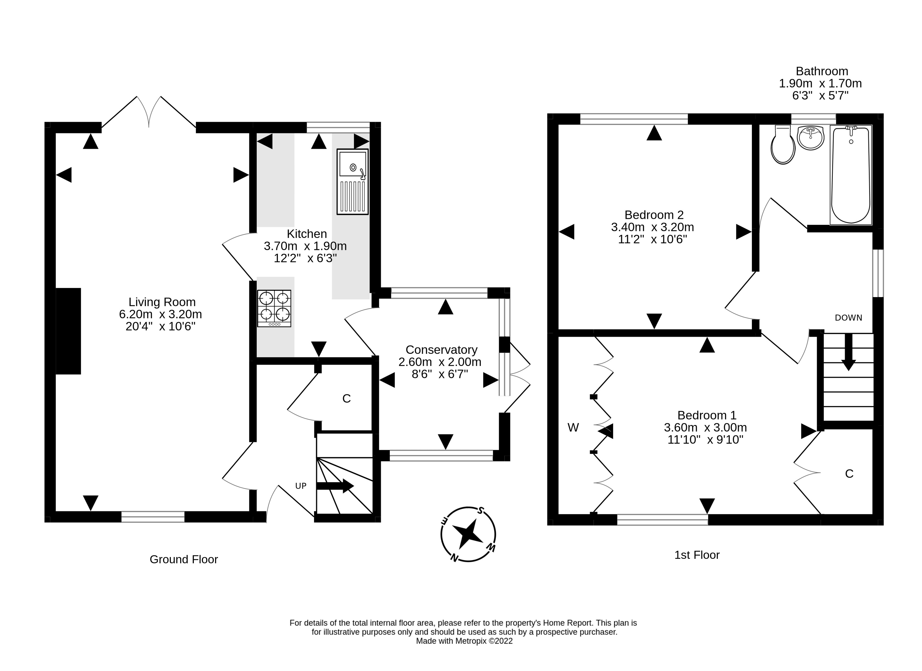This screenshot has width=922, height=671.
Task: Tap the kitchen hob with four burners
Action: point(274,308)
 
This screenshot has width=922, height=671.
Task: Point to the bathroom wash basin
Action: point(810,138)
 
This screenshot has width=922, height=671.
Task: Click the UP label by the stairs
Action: point(301,486)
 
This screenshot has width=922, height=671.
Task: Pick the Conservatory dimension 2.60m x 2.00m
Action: point(440,362)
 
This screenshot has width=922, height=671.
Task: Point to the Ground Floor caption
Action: point(184,560)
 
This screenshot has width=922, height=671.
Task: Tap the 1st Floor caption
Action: point(697,555)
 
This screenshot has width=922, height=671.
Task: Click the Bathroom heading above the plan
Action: point(822,71)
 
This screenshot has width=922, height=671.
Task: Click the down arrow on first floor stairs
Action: point(848,352)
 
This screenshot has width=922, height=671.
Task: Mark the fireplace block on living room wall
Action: point(68,331)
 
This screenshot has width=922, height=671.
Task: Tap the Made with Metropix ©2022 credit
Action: point(464,641)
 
